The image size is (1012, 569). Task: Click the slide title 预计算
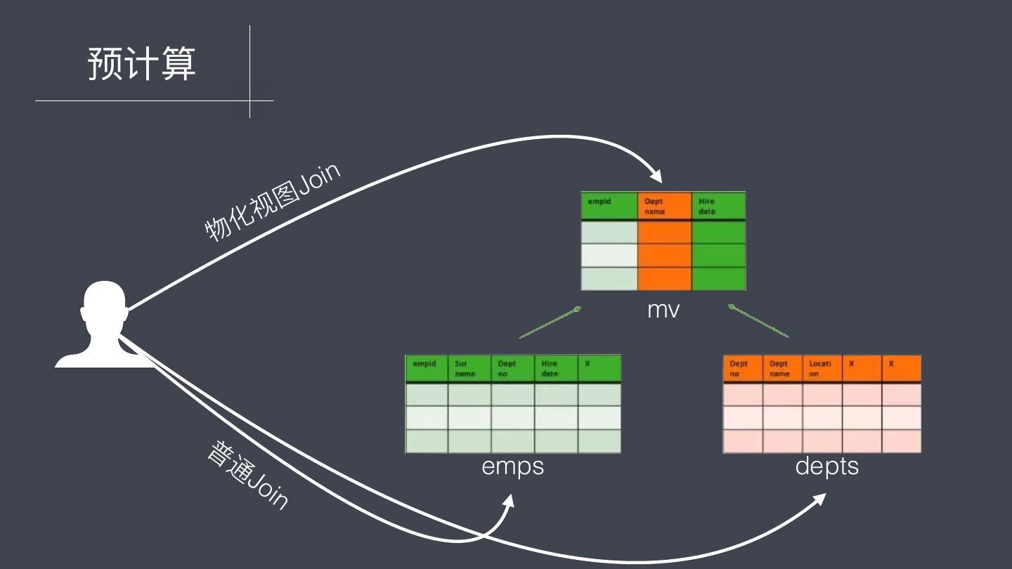[x=141, y=64]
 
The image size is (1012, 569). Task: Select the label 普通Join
[x=248, y=476]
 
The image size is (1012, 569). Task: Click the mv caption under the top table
[x=663, y=309]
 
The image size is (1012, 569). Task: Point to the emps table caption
[x=512, y=466]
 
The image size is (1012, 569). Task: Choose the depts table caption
[x=826, y=466]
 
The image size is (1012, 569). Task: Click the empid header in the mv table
[x=609, y=205]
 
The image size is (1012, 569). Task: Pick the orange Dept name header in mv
[x=664, y=206]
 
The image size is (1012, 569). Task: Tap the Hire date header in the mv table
[x=718, y=206]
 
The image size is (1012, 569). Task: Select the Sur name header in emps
[x=469, y=369]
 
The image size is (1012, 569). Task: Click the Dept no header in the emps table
[x=512, y=369]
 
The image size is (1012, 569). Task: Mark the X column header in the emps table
[x=598, y=368]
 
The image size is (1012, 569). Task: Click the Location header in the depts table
[x=822, y=369]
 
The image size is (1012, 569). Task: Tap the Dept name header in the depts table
[x=782, y=369]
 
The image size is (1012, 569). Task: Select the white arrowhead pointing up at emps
[x=509, y=501]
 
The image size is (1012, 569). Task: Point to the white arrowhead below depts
[x=818, y=499]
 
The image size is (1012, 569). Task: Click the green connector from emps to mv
[x=549, y=322]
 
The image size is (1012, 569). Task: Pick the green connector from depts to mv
[x=759, y=322]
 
